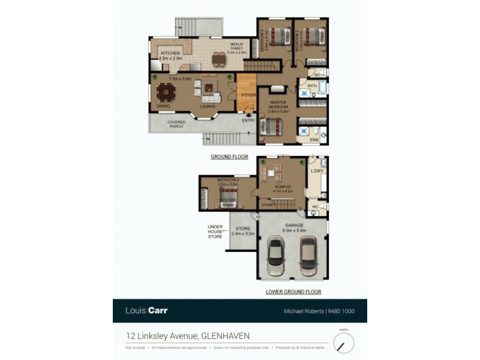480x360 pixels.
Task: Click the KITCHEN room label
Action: coord(170,53)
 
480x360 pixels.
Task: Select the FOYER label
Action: coord(248,95)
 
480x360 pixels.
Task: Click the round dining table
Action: coord(164,92)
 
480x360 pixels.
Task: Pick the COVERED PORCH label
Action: coord(176,124)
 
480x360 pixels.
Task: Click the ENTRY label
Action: coord(248,121)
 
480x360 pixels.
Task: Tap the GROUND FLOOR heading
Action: coord(229,157)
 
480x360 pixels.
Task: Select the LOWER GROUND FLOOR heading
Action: coord(293,292)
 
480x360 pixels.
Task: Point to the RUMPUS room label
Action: coord(283,187)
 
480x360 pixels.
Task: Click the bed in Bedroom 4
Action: coord(228,196)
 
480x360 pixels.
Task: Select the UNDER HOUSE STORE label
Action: coord(215,232)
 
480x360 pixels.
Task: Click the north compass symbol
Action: coord(344,343)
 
